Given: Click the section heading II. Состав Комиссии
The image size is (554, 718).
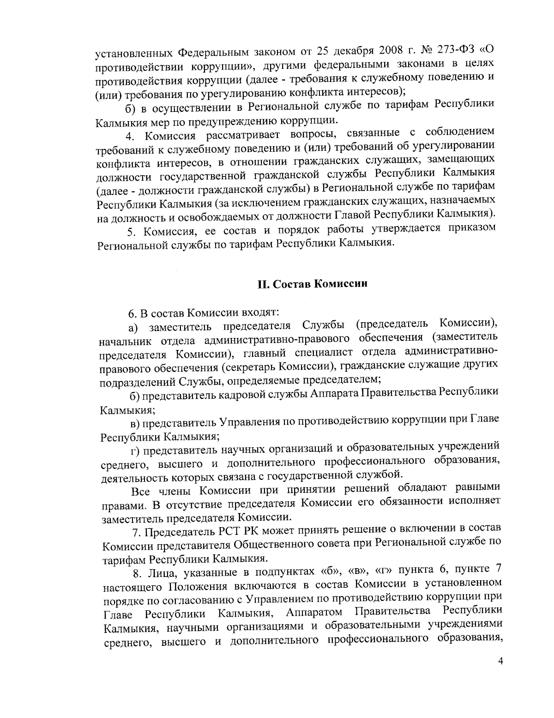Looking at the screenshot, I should [x=312, y=283].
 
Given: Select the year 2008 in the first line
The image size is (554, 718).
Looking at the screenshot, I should [x=379, y=50].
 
